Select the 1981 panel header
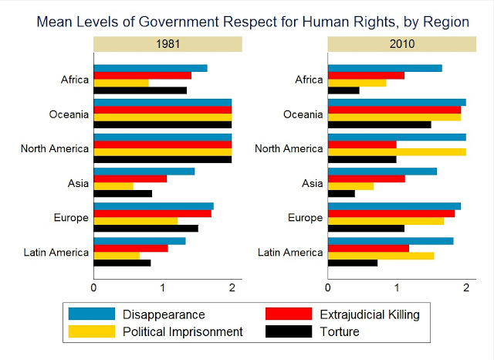tap(167, 44)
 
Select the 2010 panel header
tap(402, 44)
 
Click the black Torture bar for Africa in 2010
tap(343, 90)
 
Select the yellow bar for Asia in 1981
tap(113, 186)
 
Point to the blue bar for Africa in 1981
tap(150, 68)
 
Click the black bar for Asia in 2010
tap(341, 193)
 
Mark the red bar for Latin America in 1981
tap(130, 248)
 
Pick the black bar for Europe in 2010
tap(366, 228)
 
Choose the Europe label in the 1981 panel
tap(71, 218)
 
